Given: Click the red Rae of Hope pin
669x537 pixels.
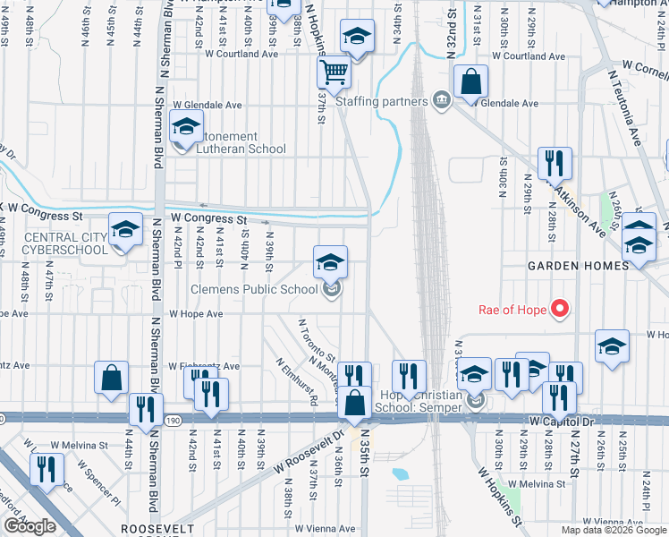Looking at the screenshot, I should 560,310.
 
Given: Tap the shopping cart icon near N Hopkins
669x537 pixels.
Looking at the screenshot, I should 334,72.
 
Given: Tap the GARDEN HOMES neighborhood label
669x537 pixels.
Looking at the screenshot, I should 571,266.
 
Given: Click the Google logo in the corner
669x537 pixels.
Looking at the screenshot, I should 29,525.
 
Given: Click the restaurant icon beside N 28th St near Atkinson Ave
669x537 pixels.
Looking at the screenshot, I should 555,162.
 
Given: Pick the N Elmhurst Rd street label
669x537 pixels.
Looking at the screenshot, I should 296,382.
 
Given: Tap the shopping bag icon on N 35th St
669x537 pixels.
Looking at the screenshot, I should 356,404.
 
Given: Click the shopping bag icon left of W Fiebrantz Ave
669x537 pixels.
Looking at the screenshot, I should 112,379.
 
